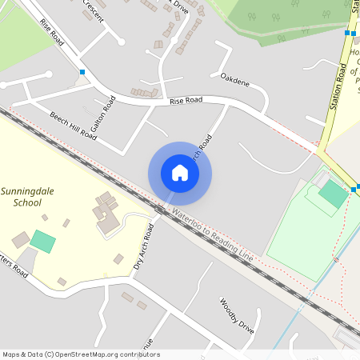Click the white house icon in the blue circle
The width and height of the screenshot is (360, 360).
[180, 173]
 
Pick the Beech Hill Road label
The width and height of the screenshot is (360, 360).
[73, 126]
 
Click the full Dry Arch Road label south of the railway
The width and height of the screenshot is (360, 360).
[144, 246]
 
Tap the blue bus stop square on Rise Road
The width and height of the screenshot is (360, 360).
[82, 72]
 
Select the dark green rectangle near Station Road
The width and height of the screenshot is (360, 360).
[333, 190]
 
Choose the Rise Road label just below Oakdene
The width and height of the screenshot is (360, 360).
[186, 101]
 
